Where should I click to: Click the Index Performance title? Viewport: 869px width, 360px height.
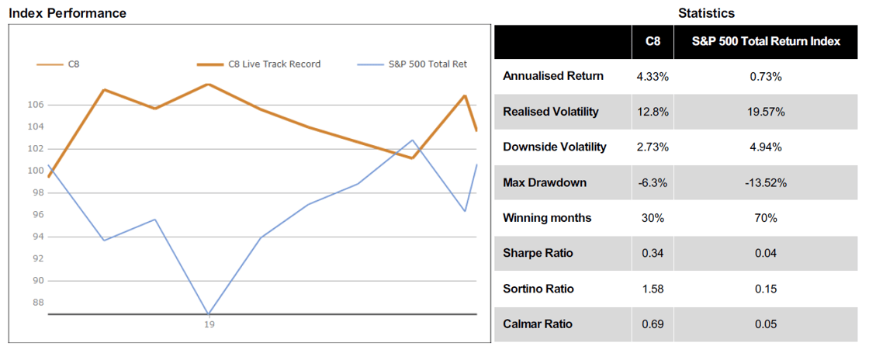[67, 13]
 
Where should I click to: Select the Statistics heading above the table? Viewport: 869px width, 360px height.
[706, 13]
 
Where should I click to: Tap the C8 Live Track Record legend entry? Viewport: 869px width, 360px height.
[259, 64]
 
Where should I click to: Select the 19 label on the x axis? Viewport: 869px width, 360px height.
[209, 324]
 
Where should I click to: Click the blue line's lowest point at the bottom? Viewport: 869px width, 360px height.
[209, 313]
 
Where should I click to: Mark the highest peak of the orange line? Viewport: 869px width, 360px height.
[209, 85]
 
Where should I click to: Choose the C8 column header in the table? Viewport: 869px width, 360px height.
[653, 41]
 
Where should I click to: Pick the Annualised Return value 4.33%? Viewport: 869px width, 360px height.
[653, 77]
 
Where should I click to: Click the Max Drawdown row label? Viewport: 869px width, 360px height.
[544, 183]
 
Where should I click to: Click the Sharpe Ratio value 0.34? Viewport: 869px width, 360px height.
[653, 254]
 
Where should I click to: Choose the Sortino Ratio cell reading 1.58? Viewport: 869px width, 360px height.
[653, 289]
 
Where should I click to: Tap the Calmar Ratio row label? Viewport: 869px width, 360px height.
[538, 324]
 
